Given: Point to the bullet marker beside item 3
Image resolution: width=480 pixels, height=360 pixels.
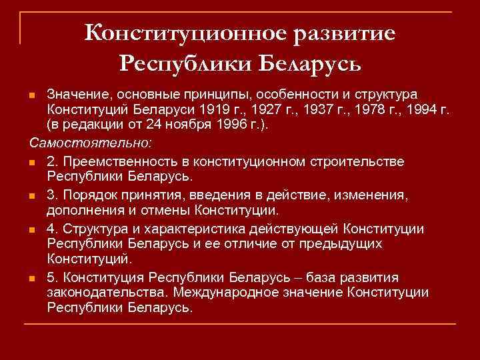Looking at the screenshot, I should point(33,195).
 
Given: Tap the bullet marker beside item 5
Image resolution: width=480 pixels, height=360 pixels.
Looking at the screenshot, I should point(33,277).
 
